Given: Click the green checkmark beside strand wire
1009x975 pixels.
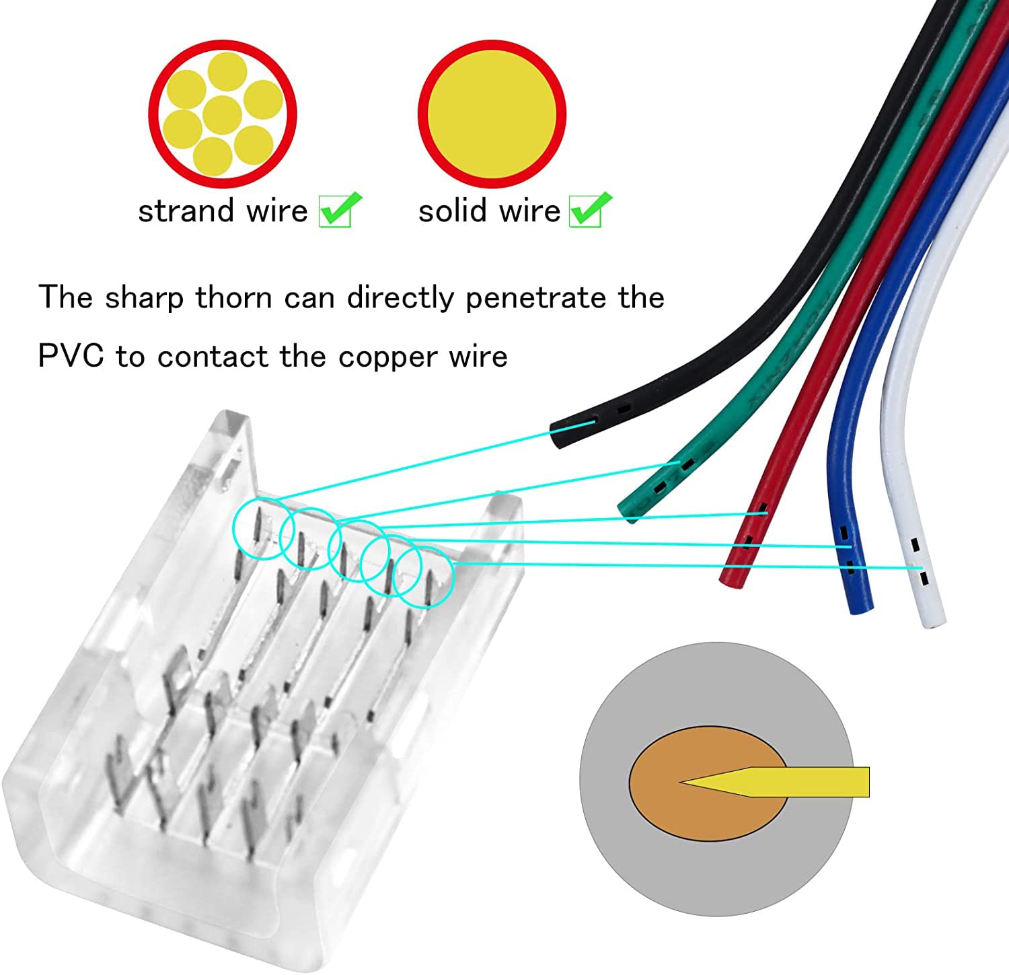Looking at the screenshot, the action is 340,209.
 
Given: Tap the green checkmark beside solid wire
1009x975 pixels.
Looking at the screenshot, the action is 590,209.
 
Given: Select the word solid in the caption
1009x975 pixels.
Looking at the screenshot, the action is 453,211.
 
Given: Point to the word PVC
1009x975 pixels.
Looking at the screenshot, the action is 71,356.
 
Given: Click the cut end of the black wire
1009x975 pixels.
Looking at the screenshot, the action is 557,436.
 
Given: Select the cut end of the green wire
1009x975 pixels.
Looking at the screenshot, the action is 627,512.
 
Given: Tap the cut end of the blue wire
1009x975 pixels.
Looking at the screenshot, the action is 861,608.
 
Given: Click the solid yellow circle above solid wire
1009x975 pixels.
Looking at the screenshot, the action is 492,114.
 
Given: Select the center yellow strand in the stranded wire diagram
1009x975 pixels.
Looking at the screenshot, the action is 222,115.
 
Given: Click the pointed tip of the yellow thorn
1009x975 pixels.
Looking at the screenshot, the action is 681,782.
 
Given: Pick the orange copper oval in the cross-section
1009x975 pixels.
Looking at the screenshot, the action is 708,783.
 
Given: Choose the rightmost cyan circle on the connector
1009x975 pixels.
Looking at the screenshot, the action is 423,577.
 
